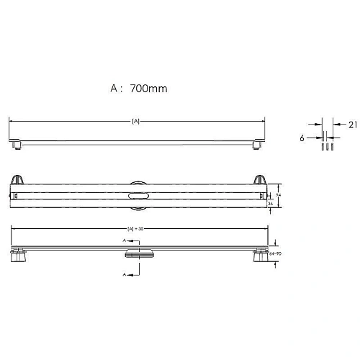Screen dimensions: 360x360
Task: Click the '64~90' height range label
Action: (x=274, y=253)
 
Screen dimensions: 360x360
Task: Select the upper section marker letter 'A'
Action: (x=123, y=238)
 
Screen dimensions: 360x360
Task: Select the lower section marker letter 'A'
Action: (x=123, y=274)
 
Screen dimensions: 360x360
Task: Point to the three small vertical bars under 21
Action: (x=324, y=144)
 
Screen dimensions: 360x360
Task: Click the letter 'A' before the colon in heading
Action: (x=113, y=89)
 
